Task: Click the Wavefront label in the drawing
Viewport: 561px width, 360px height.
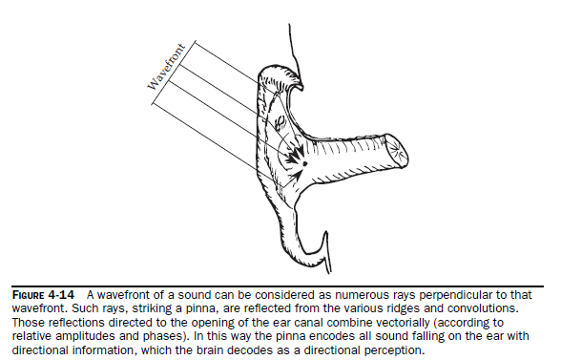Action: [x=167, y=67]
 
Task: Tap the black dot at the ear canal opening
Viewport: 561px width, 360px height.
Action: [x=305, y=163]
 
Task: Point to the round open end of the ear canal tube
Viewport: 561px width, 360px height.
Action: [x=397, y=151]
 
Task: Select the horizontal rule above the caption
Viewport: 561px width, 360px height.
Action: [x=278, y=286]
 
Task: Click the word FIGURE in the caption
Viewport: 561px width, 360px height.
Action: [x=28, y=295]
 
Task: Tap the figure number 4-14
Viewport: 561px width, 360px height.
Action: [x=61, y=295]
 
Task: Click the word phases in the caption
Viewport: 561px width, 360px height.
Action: [x=164, y=336]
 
